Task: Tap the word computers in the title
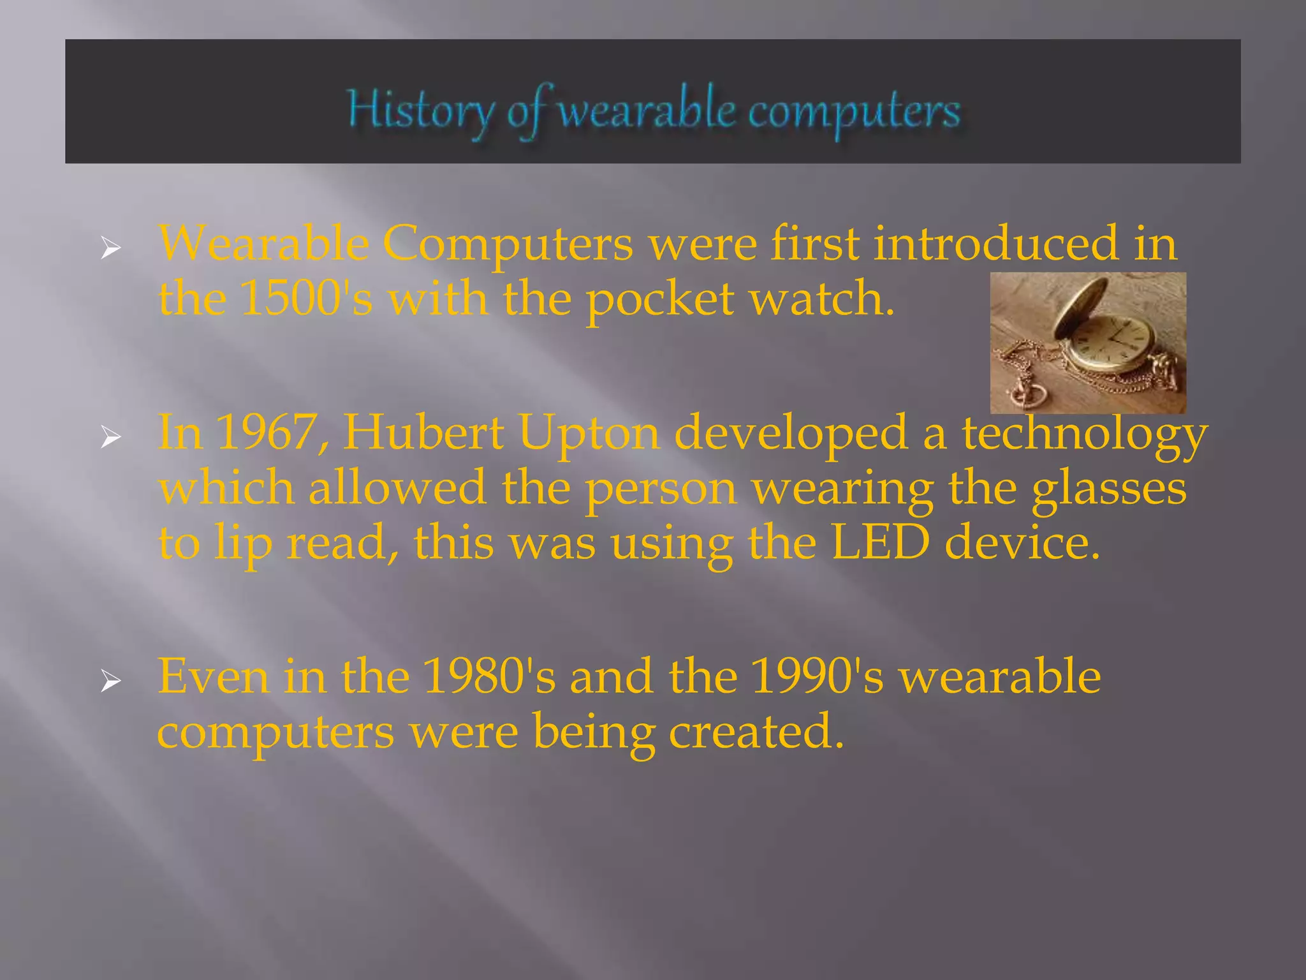click(x=854, y=114)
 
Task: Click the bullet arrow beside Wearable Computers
click(x=110, y=249)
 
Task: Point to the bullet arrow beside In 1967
click(x=110, y=438)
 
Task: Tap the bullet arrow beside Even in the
click(x=110, y=682)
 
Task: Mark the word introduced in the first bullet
click(x=995, y=244)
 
